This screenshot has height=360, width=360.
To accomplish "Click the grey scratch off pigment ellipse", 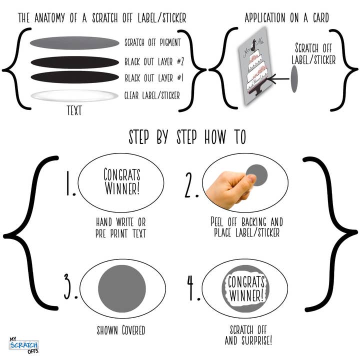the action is pyautogui.click(x=74, y=42).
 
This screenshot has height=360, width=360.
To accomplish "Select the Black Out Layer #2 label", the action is pyautogui.click(x=154, y=61).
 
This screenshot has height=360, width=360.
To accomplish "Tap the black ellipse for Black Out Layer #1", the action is pyautogui.click(x=75, y=77).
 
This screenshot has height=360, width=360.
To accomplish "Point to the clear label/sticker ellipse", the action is pyautogui.click(x=74, y=95).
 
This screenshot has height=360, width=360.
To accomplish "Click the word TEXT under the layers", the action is pyautogui.click(x=74, y=110).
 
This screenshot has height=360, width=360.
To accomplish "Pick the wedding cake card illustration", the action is pyautogui.click(x=255, y=66).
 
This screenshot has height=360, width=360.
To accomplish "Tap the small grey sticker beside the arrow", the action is pyautogui.click(x=294, y=79).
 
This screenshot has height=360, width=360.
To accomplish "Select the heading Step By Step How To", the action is pyautogui.click(x=187, y=137).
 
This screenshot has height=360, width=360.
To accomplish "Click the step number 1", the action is pyautogui.click(x=70, y=183).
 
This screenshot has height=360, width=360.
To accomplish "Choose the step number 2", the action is pyautogui.click(x=191, y=185).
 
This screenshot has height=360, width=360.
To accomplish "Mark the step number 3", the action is pyautogui.click(x=70, y=287).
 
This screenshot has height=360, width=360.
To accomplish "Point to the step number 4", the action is pyautogui.click(x=193, y=288).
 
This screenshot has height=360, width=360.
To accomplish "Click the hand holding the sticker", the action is pyautogui.click(x=229, y=189).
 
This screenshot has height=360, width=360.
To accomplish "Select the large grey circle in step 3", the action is pyautogui.click(x=122, y=288).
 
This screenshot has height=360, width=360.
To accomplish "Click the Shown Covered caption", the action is pyautogui.click(x=121, y=330).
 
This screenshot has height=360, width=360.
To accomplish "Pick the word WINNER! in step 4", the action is pyautogui.click(x=246, y=295).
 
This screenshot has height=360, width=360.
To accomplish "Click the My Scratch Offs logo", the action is pyautogui.click(x=24, y=345).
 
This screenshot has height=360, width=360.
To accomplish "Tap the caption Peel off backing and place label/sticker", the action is pyautogui.click(x=246, y=227).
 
